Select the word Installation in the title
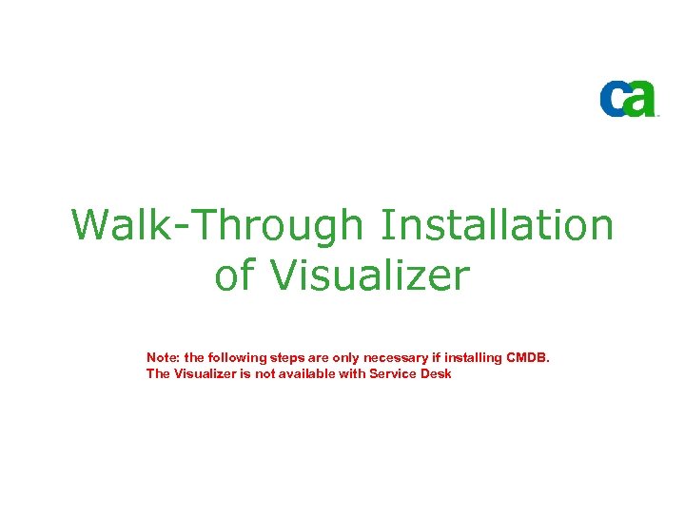[x=497, y=226]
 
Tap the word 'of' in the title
[x=238, y=276]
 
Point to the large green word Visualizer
[x=370, y=276]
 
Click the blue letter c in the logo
[x=614, y=99]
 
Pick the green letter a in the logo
[x=641, y=99]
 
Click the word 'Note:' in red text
[x=164, y=357]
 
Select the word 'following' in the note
[x=236, y=357]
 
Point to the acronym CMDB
[x=528, y=357]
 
